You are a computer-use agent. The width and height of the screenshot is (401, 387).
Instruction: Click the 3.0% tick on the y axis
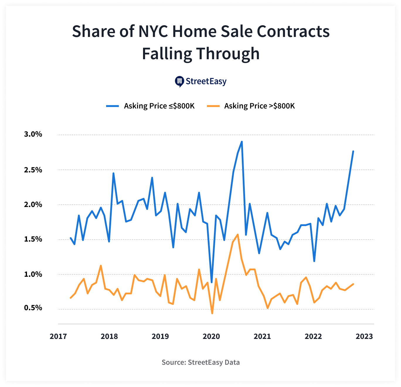(33, 134)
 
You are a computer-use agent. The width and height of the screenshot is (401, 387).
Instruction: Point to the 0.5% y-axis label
(33, 308)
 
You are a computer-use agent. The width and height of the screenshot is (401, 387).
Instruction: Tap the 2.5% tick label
(33, 170)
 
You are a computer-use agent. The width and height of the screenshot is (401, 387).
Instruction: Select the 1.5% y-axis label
(33, 239)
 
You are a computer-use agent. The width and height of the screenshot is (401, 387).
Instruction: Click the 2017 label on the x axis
(58, 336)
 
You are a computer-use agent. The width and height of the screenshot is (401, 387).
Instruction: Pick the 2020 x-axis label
(211, 336)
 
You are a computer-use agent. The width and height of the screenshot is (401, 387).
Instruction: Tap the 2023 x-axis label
(364, 336)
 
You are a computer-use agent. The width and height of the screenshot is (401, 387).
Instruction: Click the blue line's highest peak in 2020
(242, 142)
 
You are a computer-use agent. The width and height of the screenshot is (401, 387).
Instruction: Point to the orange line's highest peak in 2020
(237, 234)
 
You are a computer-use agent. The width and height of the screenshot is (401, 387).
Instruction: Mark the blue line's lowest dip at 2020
(212, 282)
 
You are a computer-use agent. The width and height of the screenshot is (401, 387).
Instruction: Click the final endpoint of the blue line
(353, 151)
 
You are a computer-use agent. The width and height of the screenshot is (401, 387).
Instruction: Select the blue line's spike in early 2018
(113, 173)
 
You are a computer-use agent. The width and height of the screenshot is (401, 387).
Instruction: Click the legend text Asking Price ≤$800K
(159, 106)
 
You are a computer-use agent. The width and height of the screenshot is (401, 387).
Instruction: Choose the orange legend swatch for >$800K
(213, 106)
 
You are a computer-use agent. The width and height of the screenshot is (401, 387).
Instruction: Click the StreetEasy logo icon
(179, 82)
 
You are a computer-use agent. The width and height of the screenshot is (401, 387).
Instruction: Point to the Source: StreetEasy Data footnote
(200, 362)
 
